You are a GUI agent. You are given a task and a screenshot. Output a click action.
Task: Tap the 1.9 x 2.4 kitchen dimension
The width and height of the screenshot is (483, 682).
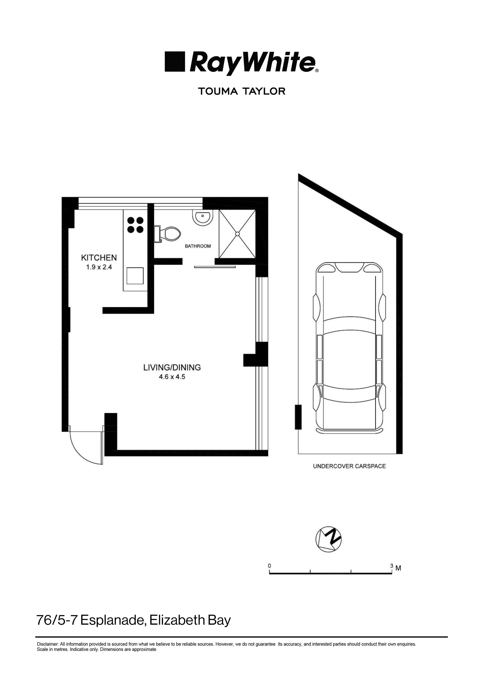tap(99, 267)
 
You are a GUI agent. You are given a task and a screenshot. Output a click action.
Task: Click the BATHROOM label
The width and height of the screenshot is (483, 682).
tap(198, 246)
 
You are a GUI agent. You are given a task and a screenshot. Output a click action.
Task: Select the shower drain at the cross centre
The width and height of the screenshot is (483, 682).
tap(237, 234)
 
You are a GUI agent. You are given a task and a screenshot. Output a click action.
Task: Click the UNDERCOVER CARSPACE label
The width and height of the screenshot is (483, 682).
tap(349, 466)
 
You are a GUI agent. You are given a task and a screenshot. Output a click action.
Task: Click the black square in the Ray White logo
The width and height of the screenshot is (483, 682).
tap(175, 62)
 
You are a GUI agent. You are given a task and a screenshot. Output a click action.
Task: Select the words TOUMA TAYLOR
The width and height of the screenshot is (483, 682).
tap(241, 91)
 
